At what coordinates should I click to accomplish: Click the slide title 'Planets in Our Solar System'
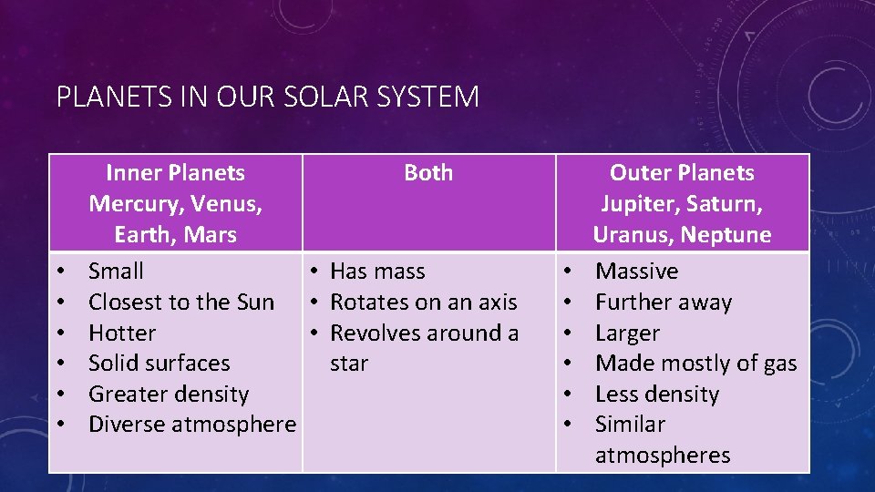[267, 97]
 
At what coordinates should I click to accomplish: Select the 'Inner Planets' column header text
[175, 172]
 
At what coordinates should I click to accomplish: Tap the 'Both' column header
[427, 172]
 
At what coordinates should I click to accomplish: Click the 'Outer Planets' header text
[682, 172]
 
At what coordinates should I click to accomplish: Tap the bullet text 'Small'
[116, 271]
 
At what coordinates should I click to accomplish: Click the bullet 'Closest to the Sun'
[180, 302]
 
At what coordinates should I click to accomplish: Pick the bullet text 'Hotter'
[122, 333]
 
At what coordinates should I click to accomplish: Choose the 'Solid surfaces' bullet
[159, 363]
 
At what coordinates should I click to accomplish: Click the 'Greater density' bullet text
[168, 394]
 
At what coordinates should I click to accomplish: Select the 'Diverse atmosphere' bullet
[191, 424]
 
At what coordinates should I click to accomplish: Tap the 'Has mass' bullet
[377, 271]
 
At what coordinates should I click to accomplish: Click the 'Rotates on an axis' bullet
[423, 302]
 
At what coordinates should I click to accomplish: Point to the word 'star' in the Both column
[349, 364]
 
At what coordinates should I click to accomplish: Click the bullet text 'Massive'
[636, 271]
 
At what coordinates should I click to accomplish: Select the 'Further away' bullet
[663, 302]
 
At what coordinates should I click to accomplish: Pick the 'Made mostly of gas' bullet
[695, 363]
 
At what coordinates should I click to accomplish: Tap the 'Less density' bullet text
[656, 394]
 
